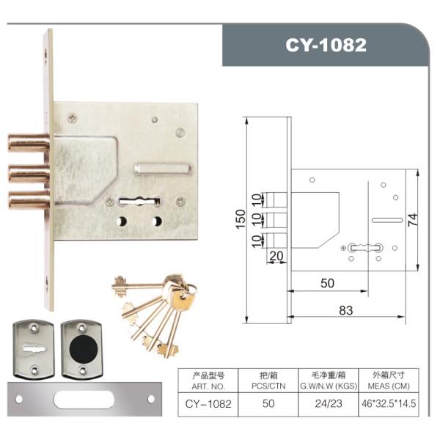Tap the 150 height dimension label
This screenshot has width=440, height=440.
click(x=240, y=219)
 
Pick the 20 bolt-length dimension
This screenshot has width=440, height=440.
click(x=276, y=255)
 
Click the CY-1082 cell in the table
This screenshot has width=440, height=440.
click(x=208, y=403)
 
